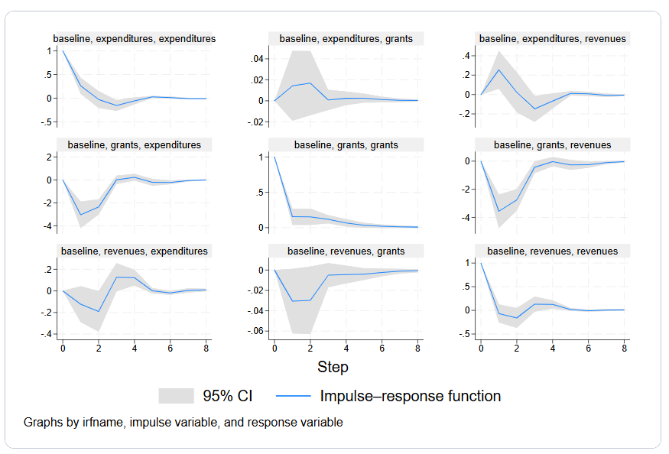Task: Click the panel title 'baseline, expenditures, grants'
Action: coord(346,38)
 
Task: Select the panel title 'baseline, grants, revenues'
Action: coord(552,144)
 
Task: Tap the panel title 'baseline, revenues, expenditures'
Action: coord(134,251)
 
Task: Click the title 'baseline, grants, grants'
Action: coord(346,144)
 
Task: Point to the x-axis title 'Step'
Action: coord(333,367)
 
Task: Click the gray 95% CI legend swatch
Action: coord(176,396)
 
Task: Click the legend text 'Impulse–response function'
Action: coord(411,396)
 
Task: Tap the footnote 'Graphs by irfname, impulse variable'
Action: coord(183,422)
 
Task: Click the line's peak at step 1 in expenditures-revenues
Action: coord(499,70)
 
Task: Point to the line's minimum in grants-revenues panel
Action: coord(499,211)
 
